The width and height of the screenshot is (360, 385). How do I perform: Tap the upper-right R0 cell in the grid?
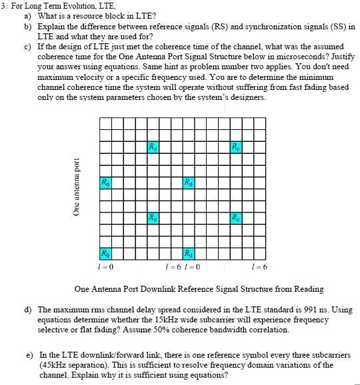tap(234, 147)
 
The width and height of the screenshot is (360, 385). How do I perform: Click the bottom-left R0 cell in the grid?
tap(104, 254)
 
